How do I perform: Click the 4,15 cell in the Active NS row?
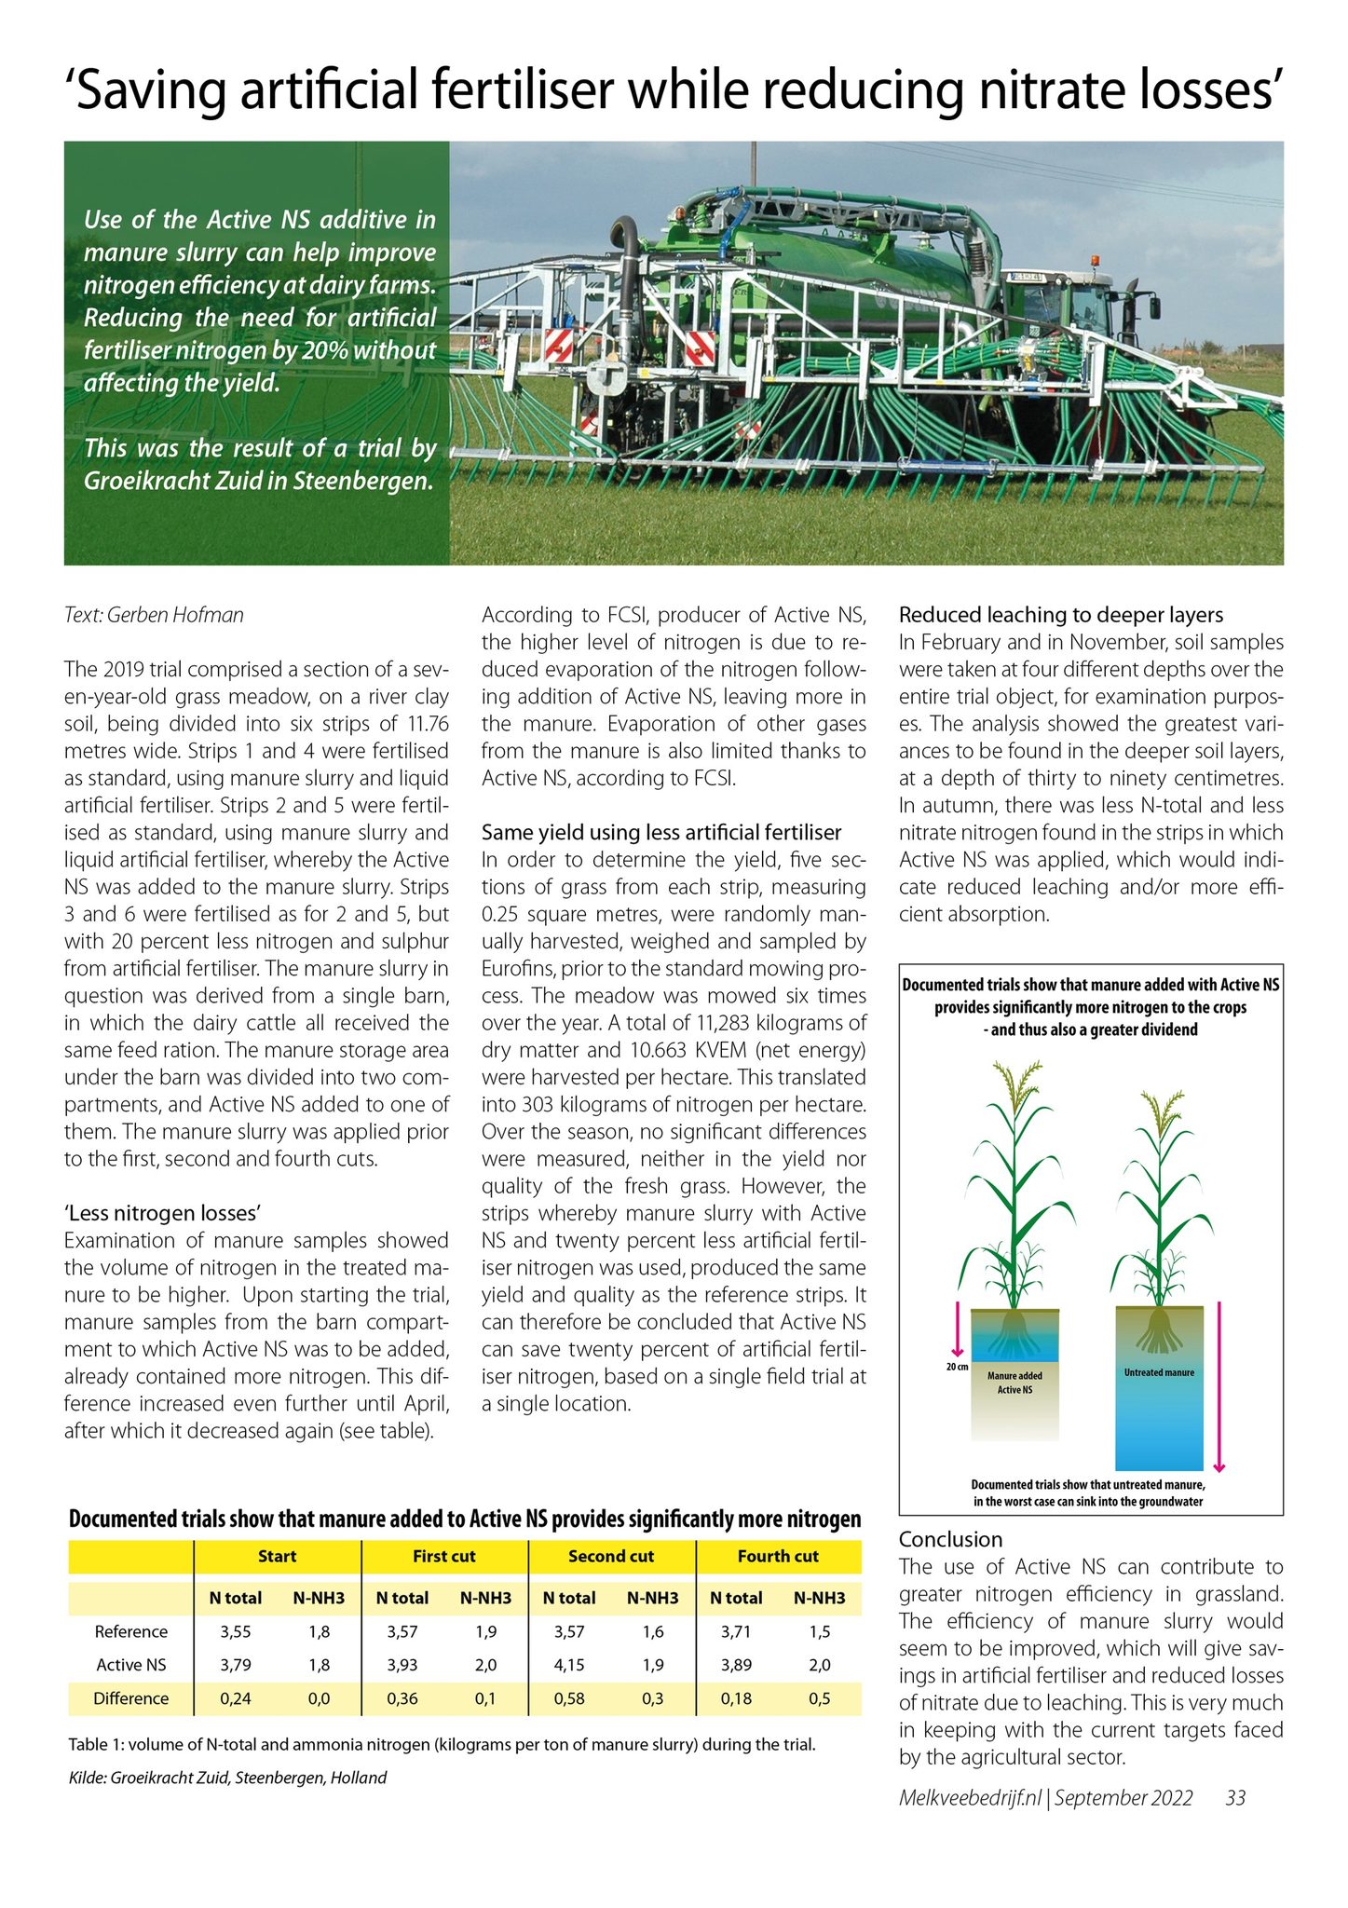click(569, 1665)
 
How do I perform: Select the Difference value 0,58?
click(569, 1698)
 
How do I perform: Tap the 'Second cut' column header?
click(611, 1556)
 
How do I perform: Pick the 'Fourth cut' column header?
click(778, 1556)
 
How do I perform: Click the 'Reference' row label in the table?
click(131, 1631)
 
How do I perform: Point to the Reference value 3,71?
click(736, 1631)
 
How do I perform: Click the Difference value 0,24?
click(236, 1698)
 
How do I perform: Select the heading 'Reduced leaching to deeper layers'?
click(1061, 615)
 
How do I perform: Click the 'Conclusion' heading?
click(950, 1540)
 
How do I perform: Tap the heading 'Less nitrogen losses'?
click(162, 1213)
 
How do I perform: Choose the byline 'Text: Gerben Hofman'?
click(154, 615)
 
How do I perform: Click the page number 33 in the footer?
click(1235, 1798)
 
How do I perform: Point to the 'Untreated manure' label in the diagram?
click(1159, 1372)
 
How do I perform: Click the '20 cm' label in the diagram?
click(956, 1367)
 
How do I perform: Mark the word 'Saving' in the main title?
click(149, 91)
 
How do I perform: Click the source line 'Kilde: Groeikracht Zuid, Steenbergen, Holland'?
click(228, 1778)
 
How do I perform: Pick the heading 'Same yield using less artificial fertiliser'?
click(661, 832)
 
